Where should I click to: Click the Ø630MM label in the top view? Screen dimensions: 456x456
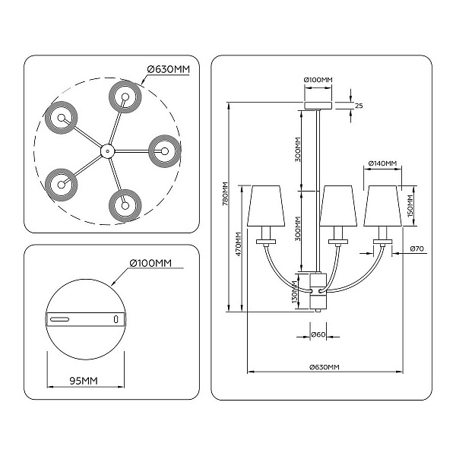tap(169, 69)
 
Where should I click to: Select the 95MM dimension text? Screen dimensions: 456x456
tap(84, 381)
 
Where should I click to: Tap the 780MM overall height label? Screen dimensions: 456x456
tap(226, 194)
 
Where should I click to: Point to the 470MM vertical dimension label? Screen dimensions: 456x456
tap(239, 244)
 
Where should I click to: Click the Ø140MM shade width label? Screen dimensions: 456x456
tap(382, 163)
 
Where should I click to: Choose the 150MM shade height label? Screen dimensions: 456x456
tap(410, 206)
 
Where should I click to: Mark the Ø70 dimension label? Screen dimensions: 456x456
tap(417, 249)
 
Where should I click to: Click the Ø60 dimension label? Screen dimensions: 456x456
tap(318, 334)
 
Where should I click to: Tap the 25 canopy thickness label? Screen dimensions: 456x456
tap(359, 106)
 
